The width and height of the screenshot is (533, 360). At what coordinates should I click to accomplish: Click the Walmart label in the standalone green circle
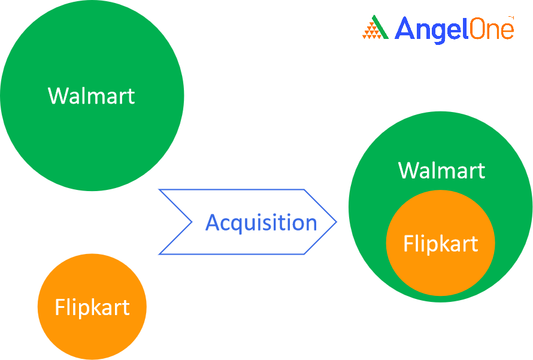click(x=92, y=96)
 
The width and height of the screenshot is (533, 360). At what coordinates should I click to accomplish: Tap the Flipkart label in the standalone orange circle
click(x=92, y=307)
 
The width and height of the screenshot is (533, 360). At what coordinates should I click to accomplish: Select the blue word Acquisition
click(x=261, y=223)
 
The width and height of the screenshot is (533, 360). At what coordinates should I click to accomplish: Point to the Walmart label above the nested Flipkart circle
click(x=441, y=170)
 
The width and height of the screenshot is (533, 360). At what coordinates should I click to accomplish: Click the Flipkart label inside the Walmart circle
click(x=441, y=244)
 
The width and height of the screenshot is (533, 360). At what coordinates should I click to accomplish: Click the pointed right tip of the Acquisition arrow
click(x=336, y=222)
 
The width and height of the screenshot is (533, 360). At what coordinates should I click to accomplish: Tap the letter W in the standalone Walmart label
click(x=59, y=96)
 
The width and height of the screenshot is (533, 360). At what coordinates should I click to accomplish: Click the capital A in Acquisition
click(x=213, y=223)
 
